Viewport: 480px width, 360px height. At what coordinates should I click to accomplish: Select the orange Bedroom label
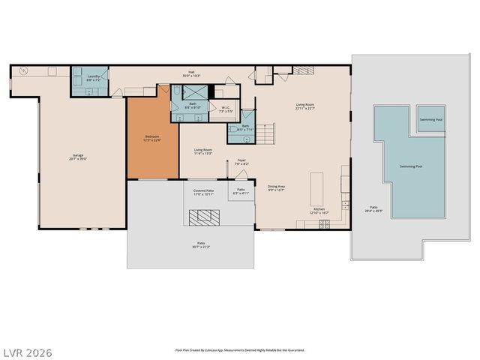pos(152,137)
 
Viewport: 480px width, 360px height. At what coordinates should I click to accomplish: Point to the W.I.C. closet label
pos(226,107)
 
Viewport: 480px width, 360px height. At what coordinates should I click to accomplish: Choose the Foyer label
pos(241,160)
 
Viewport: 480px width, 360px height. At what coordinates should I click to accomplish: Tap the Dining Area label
pos(276,186)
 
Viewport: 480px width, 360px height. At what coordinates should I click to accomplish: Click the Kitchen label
pos(319,209)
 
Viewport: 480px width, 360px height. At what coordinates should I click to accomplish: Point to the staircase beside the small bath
pos(268,134)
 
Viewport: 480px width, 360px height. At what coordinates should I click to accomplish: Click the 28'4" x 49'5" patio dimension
pos(373,211)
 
